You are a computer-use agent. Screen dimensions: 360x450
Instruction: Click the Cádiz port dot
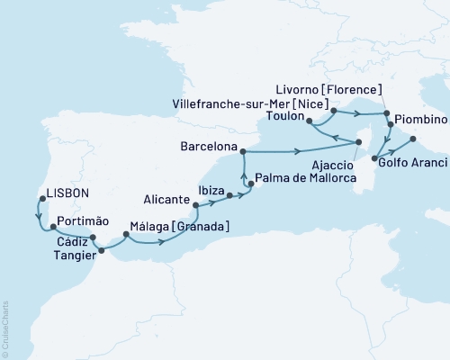pyautogui.click(x=94, y=238)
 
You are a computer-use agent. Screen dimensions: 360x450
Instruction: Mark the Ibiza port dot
pyautogui.click(x=229, y=195)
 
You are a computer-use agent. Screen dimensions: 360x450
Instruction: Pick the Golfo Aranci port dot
pyautogui.click(x=374, y=157)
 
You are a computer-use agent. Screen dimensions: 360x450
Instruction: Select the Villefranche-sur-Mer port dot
pyautogui.click(x=334, y=111)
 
